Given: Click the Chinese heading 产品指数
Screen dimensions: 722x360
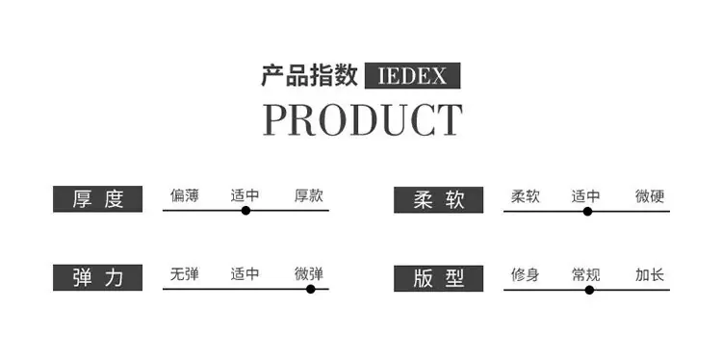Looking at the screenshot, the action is click(x=309, y=75).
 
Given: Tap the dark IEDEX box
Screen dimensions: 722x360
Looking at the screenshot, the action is click(x=413, y=75).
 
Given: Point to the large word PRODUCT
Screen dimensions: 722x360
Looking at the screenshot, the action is click(x=362, y=119).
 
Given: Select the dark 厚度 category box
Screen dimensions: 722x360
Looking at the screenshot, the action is click(x=97, y=199).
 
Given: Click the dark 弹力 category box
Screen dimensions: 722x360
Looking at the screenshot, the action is click(x=97, y=277).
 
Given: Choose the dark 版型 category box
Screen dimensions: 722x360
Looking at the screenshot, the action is click(x=438, y=278).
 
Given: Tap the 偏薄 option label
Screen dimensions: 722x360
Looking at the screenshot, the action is click(x=185, y=195).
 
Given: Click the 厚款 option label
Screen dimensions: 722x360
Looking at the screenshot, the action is click(x=309, y=195).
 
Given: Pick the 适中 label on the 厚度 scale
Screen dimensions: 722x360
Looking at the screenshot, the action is click(x=245, y=195).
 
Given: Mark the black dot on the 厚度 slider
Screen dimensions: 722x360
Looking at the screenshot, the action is click(x=245, y=211).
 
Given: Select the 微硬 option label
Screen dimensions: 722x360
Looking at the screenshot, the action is click(x=650, y=196).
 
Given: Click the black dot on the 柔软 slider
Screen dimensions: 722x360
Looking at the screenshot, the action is click(x=587, y=212).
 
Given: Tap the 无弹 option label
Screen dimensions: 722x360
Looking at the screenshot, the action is click(x=185, y=274).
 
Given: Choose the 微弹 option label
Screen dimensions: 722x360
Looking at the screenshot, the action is click(x=309, y=274).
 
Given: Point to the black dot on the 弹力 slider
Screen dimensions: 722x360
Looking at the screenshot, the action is click(x=311, y=289).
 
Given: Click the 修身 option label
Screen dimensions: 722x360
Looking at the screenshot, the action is click(x=526, y=275).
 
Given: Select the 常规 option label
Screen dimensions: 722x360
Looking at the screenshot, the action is click(x=585, y=275).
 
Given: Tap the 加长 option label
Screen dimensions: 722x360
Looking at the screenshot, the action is click(x=650, y=275).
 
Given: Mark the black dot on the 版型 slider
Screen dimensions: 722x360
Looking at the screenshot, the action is click(x=589, y=290).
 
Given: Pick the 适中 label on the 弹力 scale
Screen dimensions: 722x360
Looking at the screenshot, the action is click(x=245, y=274).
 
